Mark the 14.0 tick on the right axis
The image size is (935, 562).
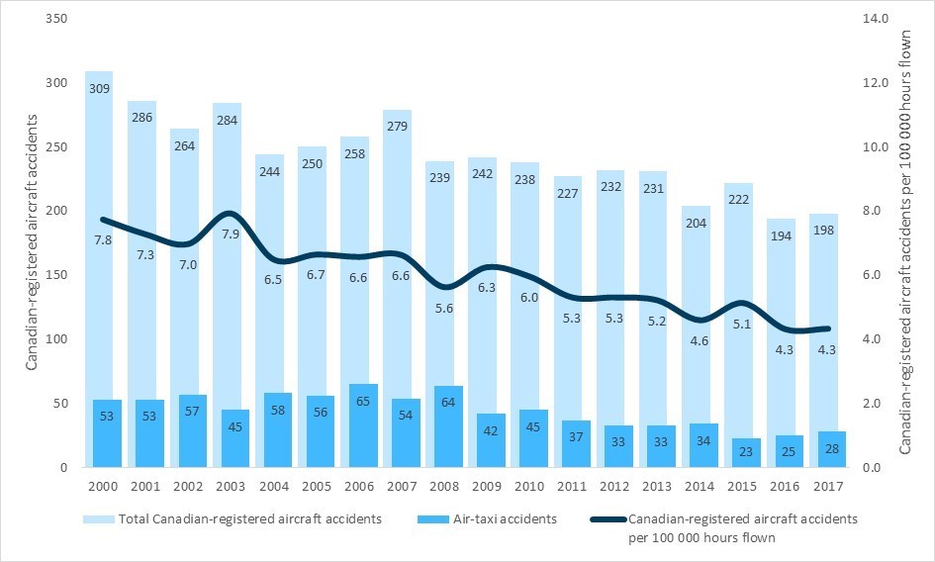coord(879,19)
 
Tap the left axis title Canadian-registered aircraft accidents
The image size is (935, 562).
coord(33,242)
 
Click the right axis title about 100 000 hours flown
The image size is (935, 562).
coord(904,242)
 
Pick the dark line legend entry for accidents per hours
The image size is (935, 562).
coord(742,528)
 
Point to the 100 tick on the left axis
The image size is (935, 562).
coord(62,339)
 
